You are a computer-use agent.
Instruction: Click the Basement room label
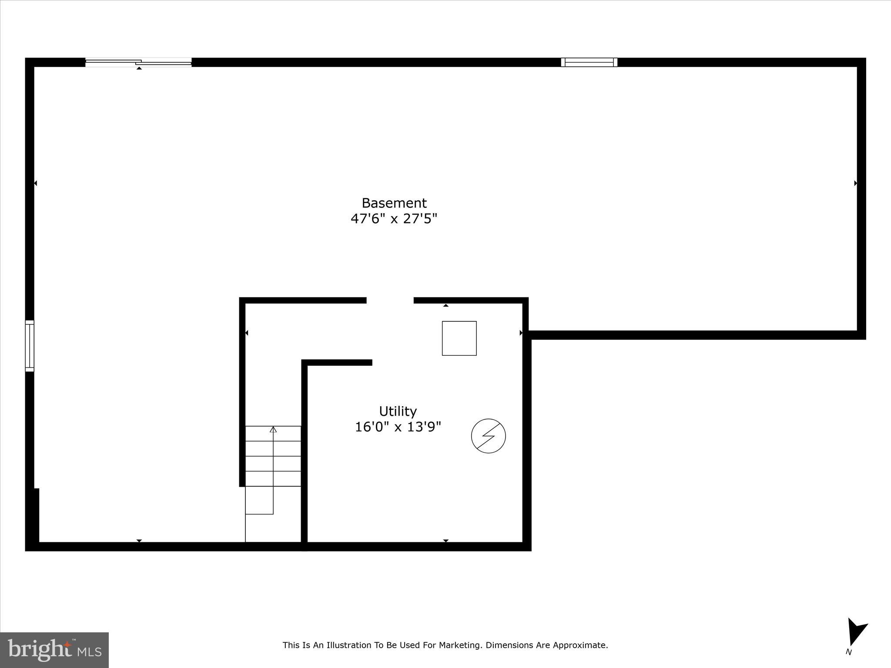[x=394, y=203]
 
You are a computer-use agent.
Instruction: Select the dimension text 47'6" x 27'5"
[x=394, y=218]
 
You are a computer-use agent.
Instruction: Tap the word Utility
[x=398, y=411]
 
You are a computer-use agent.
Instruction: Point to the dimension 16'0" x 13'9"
[x=398, y=427]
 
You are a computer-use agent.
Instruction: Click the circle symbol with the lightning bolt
[x=488, y=436]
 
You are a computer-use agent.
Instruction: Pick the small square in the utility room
[x=459, y=338]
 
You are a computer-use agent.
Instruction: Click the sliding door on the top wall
[x=138, y=62]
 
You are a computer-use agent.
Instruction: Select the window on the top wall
[x=589, y=62]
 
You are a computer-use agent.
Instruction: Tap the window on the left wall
[x=30, y=346]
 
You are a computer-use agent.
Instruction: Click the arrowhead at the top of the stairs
[x=273, y=430]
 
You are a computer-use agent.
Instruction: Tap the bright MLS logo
[x=54, y=650]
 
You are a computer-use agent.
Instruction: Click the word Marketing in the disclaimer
[x=460, y=645]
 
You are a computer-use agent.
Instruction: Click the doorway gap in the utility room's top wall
[x=390, y=300]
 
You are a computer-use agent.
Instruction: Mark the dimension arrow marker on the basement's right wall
[x=855, y=183]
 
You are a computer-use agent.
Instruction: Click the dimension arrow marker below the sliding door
[x=139, y=68]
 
